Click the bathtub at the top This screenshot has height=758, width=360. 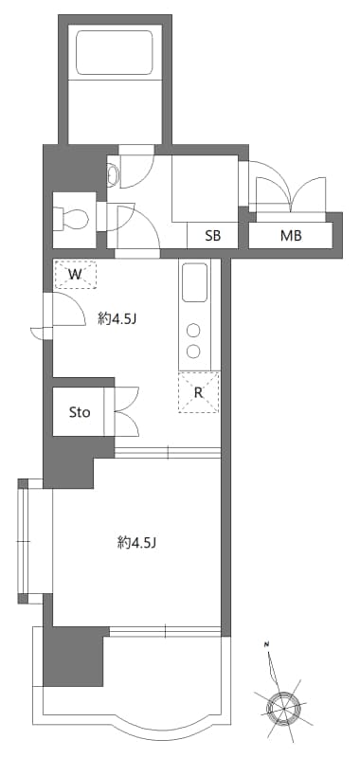[115, 54]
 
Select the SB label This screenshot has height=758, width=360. [211, 237]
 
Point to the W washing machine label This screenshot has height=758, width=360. [75, 274]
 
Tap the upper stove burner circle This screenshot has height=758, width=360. [193, 331]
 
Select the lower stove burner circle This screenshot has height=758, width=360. [193, 352]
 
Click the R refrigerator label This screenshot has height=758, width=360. [199, 392]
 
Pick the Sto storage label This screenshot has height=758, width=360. [80, 412]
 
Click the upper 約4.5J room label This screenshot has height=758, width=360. [117, 319]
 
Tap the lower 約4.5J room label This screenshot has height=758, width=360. [137, 543]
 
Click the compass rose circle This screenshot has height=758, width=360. [280, 706]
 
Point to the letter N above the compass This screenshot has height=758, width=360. [268, 645]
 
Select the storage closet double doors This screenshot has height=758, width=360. [126, 410]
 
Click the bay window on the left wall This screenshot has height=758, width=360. [29, 542]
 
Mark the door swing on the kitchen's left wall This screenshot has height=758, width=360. [59, 313]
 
